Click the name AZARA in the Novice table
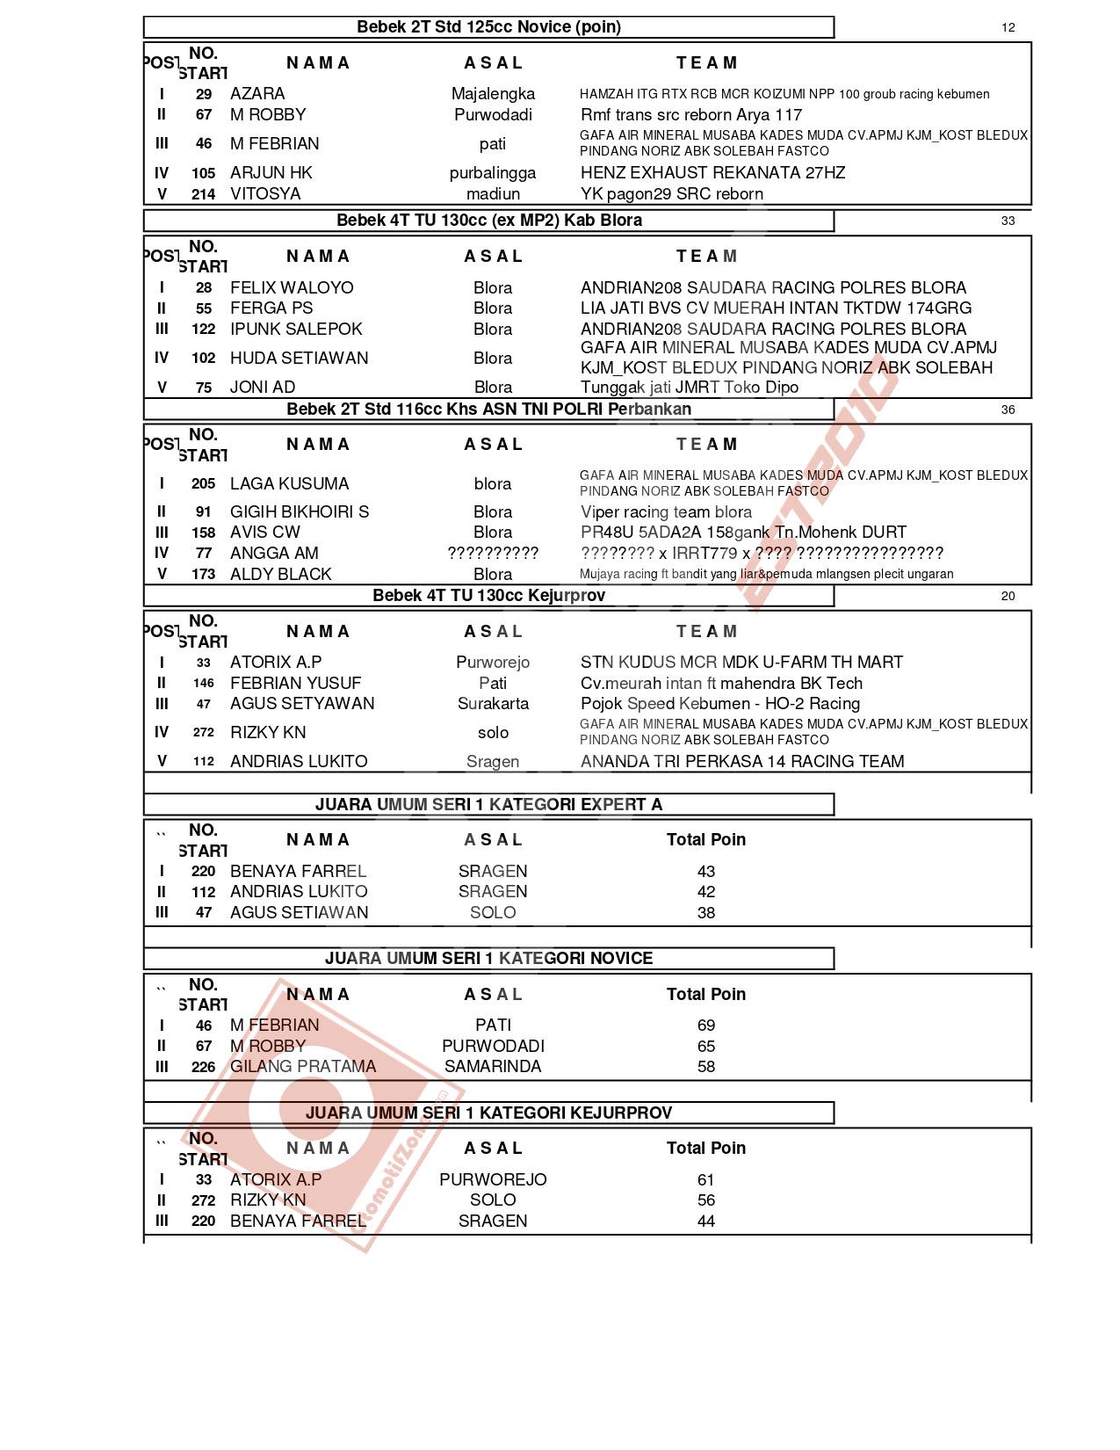257,94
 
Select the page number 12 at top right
1008,27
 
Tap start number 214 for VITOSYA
203,194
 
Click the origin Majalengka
493,94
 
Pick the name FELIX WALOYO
292,288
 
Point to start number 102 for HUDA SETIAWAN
203,359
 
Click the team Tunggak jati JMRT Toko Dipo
690,388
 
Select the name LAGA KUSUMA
289,484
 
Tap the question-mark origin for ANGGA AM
493,554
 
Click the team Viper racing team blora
666,512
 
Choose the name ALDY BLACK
280,575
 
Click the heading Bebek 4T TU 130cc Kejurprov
488,596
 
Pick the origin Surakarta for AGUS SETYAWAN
493,704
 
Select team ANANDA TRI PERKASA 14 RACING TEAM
742,762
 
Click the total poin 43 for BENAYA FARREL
705,872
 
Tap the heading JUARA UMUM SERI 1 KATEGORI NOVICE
488,959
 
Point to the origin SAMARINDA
493,1067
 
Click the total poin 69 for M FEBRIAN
705,1026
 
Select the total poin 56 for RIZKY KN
705,1200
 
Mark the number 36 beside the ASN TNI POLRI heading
1008,410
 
